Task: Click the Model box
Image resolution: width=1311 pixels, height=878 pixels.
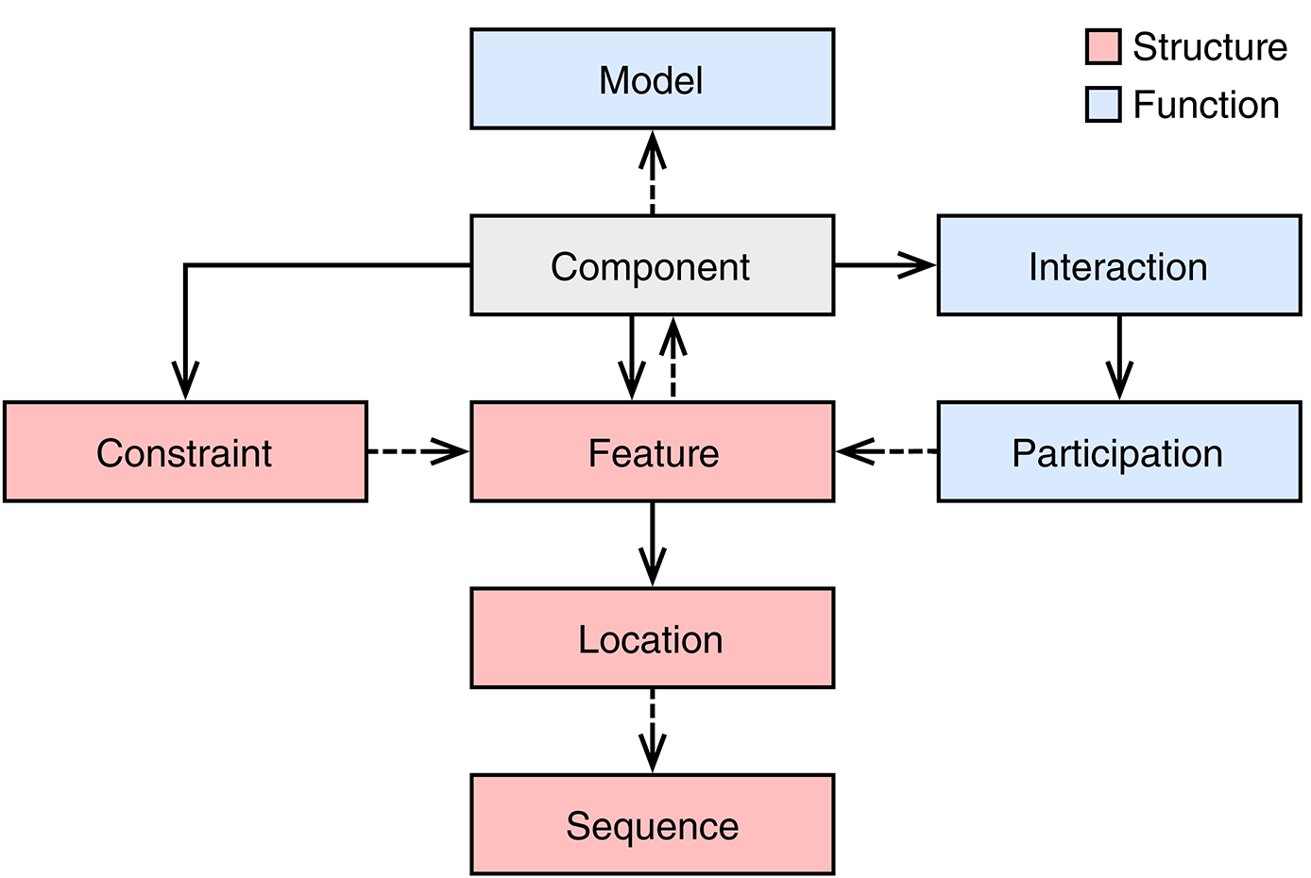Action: pos(652,79)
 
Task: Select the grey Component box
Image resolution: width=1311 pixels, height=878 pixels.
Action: pos(652,265)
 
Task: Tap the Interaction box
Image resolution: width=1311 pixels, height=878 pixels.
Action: pos(1118,265)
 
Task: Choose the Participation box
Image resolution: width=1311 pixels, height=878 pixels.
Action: pos(1118,452)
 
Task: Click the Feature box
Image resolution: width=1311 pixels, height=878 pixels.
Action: pos(652,452)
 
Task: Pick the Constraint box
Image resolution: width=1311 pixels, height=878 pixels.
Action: pos(185,452)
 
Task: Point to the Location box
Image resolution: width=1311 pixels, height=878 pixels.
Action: pos(652,638)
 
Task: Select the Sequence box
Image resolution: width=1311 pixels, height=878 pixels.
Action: pos(652,825)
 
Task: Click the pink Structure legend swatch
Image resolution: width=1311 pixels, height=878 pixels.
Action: pos(1102,46)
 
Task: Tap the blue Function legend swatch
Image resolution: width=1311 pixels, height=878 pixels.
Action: pos(1102,105)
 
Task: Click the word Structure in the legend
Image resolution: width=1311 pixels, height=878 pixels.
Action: pos(1209,47)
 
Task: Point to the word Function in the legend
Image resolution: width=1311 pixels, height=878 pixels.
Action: pos(1205,105)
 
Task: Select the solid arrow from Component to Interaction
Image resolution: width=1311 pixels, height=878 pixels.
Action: pos(884,265)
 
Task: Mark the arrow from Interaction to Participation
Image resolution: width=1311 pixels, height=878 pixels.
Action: pos(1119,358)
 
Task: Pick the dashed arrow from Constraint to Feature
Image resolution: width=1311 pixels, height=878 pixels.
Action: pos(417,452)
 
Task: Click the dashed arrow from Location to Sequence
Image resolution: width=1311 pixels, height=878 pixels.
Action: pos(652,731)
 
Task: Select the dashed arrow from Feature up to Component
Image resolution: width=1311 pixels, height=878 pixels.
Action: pos(673,359)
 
